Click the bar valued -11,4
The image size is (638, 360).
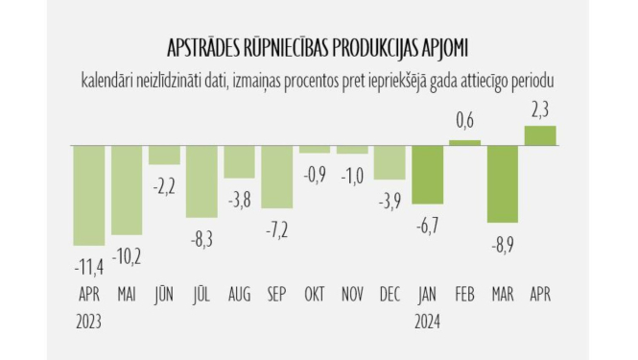89,194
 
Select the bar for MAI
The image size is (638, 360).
127,189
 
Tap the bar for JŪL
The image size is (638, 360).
201,180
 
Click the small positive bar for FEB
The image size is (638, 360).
464,142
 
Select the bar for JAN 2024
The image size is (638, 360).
427,178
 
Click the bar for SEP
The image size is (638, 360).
276,176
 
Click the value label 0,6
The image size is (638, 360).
464,120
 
